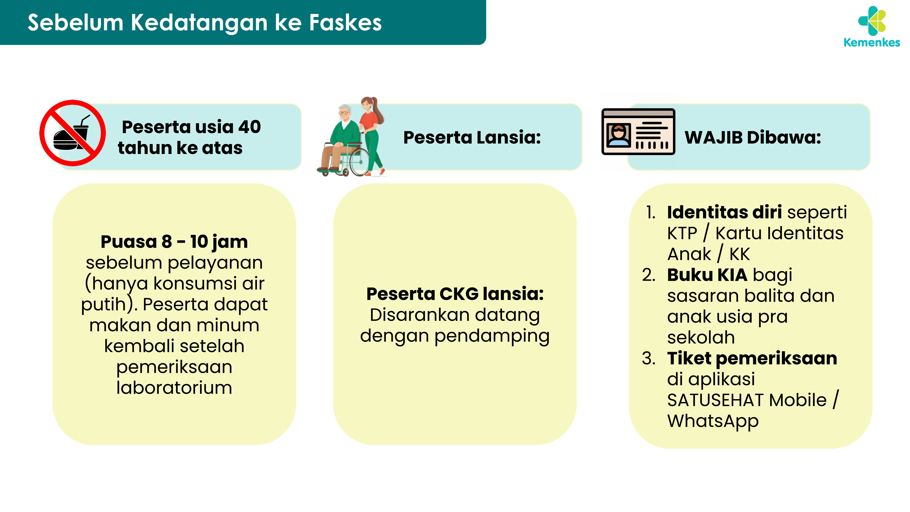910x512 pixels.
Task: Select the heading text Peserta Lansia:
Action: pos(472,137)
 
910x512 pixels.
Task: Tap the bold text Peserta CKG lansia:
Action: pos(455,294)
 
